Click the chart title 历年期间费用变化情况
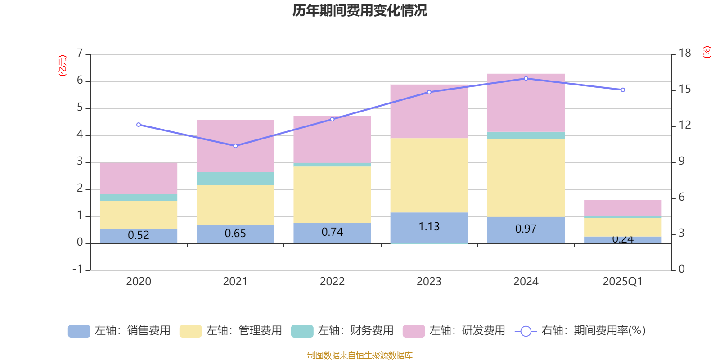360,10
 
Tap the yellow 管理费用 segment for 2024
526,178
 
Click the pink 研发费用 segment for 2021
235,146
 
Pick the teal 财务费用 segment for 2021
235,179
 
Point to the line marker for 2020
139,125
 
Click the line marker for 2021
235,146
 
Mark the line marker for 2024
526,79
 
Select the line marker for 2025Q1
623,90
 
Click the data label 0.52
139,235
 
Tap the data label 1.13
429,227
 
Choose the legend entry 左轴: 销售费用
119,331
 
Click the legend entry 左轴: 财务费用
342,331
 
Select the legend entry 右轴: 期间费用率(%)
580,331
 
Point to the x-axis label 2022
332,282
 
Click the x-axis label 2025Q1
622,282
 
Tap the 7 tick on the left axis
80,54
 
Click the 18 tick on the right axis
685,53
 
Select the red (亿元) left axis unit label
63,66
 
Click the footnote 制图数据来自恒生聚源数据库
360,355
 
